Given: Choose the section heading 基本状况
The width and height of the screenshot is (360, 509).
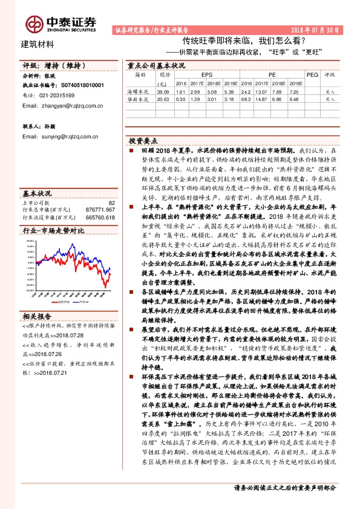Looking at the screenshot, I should [x=38, y=193].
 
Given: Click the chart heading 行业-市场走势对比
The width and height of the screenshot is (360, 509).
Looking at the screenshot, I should [x=53, y=231].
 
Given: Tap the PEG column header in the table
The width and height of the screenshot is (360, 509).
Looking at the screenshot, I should [x=311, y=75].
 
